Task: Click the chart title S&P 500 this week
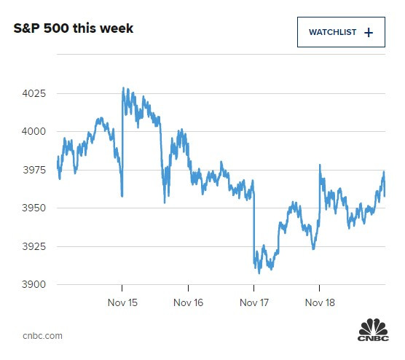pos(74,29)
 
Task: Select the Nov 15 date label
pos(122,302)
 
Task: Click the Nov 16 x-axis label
pos(188,302)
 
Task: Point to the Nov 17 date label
pos(253,302)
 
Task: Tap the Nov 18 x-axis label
pos(319,302)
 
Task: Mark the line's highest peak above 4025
pos(123,88)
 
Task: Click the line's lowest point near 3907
pos(259,273)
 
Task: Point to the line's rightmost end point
pos(385,195)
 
